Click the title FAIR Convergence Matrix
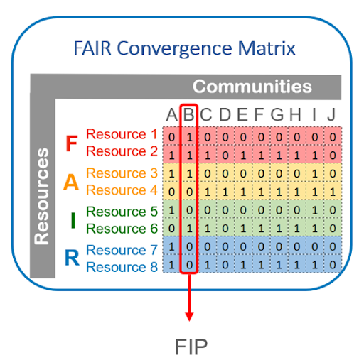(x=184, y=48)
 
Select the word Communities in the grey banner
(x=252, y=87)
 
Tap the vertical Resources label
(x=41, y=196)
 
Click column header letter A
(x=171, y=115)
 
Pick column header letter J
(x=331, y=115)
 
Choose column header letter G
(x=277, y=115)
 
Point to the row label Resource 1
(x=122, y=134)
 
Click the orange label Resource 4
(x=122, y=190)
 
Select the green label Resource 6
(x=122, y=229)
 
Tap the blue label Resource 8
(x=122, y=267)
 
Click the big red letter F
(x=71, y=143)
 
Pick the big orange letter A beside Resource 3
(x=71, y=182)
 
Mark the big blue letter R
(x=72, y=258)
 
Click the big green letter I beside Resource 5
(x=73, y=220)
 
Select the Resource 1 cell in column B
(x=189, y=137)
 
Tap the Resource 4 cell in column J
(x=333, y=192)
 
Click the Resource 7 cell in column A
(x=171, y=246)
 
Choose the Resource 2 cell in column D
(x=225, y=156)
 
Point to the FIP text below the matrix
(x=191, y=347)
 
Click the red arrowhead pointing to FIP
(x=189, y=317)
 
